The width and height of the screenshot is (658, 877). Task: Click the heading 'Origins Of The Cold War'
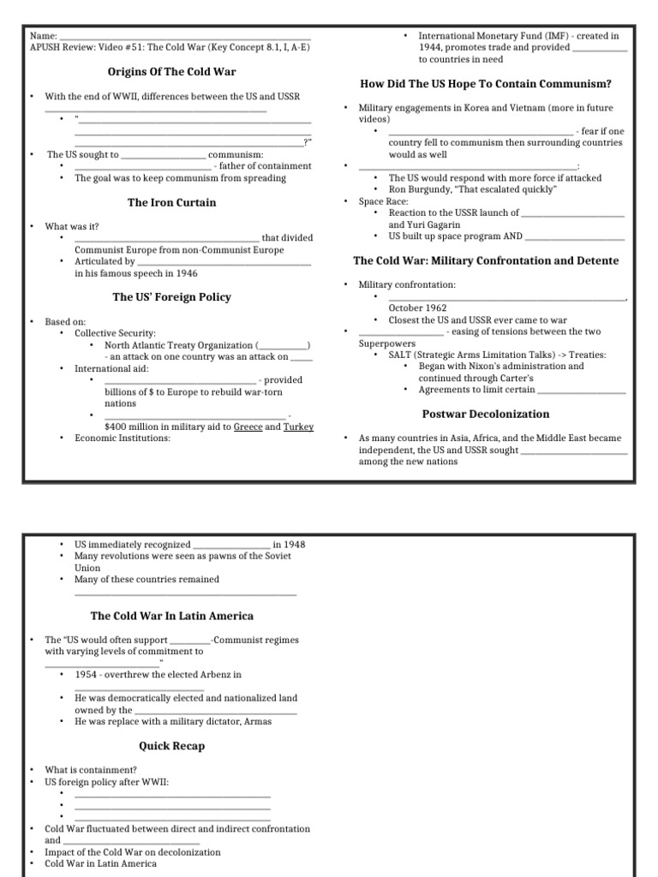pos(172,71)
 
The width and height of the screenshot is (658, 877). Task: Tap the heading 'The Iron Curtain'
pos(172,203)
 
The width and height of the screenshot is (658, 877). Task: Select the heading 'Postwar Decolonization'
pos(486,414)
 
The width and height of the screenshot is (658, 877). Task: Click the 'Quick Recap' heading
pos(172,746)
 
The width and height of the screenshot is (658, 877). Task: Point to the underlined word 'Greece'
pos(248,427)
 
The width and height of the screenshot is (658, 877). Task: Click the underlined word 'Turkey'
pos(299,427)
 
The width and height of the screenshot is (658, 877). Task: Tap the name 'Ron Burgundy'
pos(416,189)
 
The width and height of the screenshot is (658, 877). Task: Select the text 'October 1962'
pos(417,307)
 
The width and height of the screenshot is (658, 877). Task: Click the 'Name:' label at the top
pos(43,36)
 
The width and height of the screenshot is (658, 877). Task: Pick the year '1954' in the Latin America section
pos(87,674)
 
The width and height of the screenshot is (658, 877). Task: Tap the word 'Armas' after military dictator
pos(257,721)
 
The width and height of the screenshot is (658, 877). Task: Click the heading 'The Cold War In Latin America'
pos(172,616)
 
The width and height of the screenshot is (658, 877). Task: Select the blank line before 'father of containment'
pos(143,166)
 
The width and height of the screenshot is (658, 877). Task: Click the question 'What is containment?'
pos(91,770)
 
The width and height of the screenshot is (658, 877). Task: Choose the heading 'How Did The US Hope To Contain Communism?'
pos(486,83)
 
